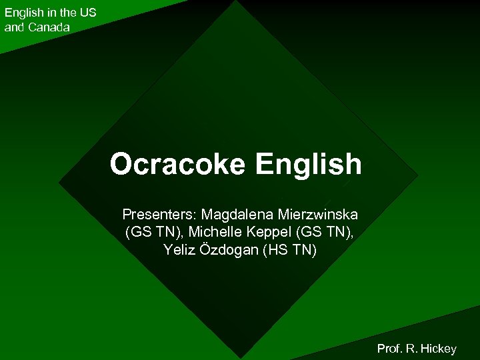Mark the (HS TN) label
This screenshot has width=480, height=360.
point(291,250)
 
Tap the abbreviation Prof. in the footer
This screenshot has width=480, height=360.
point(391,348)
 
